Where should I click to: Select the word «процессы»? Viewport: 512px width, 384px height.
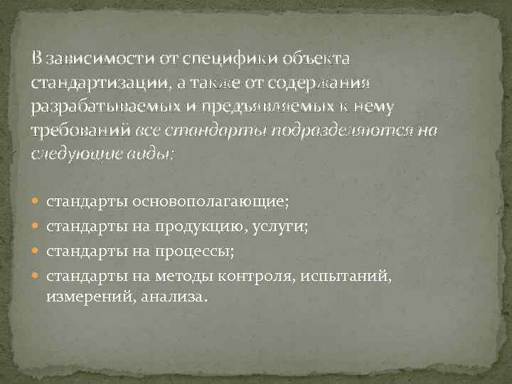(x=201, y=252)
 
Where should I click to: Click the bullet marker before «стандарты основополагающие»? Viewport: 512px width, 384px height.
(x=38, y=202)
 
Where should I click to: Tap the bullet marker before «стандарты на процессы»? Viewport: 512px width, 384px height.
(x=38, y=252)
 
